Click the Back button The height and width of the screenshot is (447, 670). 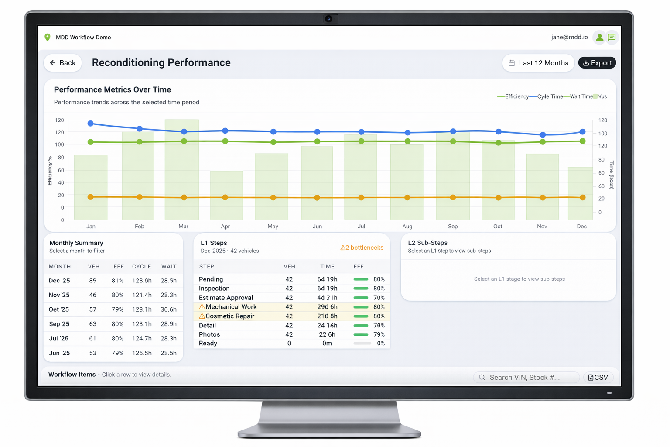pyautogui.click(x=63, y=63)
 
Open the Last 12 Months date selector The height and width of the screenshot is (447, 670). pyautogui.click(x=538, y=63)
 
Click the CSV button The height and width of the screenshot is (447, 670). pyautogui.click(x=598, y=377)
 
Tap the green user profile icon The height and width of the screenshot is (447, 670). pyautogui.click(x=600, y=38)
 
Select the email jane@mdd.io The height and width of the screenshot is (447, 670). pyautogui.click(x=569, y=37)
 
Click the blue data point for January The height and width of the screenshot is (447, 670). pyautogui.click(x=91, y=124)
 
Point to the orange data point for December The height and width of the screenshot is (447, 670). pyautogui.click(x=582, y=197)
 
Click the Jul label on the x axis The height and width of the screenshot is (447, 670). pyautogui.click(x=361, y=226)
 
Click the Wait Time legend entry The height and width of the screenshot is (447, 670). pyautogui.click(x=581, y=96)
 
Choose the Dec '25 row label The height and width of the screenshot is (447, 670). pyautogui.click(x=59, y=281)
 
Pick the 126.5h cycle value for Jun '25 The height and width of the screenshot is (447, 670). pyautogui.click(x=142, y=353)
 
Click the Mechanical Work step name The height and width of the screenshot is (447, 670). pyautogui.click(x=231, y=307)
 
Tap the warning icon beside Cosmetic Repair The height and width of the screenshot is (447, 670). pyautogui.click(x=202, y=316)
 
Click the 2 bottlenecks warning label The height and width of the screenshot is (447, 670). pyautogui.click(x=362, y=248)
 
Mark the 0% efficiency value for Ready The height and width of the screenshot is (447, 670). pyautogui.click(x=380, y=344)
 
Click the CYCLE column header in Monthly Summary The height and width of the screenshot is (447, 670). pyautogui.click(x=141, y=266)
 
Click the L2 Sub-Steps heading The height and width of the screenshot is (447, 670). pyautogui.click(x=427, y=243)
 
